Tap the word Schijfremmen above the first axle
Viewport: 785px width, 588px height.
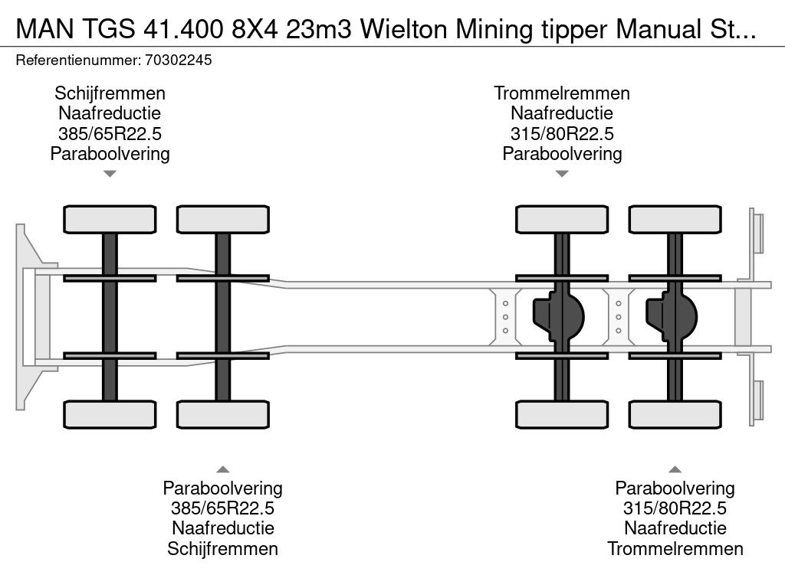click(110, 93)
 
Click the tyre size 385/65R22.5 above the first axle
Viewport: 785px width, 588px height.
click(110, 133)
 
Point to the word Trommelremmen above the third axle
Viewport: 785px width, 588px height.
click(562, 93)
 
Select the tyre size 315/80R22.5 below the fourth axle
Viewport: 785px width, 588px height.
click(675, 508)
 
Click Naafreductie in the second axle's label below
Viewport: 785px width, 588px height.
click(222, 528)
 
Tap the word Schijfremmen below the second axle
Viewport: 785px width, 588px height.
click(222, 548)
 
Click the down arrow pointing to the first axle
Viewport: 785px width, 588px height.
click(110, 174)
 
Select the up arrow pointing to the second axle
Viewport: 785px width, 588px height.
click(222, 469)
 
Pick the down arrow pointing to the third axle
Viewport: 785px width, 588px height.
click(562, 174)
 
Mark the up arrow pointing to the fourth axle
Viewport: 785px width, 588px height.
click(675, 469)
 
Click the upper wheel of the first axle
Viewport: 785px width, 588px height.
click(110, 219)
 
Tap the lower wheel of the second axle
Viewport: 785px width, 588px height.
click(222, 414)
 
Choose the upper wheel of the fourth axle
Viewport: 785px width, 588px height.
click(675, 219)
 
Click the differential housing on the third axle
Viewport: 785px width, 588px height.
click(560, 315)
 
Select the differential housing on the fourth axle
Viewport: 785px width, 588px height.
click(672, 315)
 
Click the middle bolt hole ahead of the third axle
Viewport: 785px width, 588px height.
click(506, 317)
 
